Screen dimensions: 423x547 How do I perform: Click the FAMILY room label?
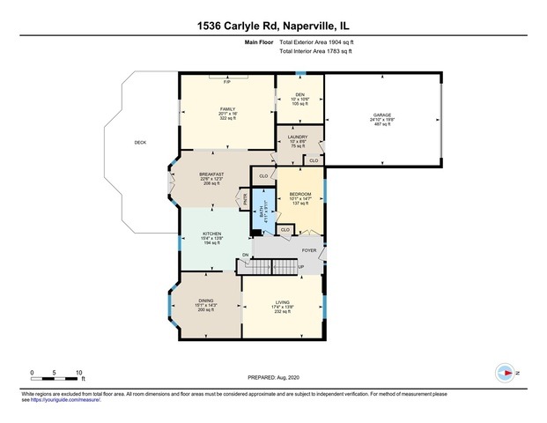pos(227,108)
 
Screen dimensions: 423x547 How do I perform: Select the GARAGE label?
pos(381,115)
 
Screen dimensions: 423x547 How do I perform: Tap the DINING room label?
pos(205,301)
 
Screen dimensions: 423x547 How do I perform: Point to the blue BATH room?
pos(262,211)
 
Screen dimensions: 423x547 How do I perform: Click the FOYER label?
pos(309,250)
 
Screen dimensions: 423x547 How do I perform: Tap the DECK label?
pos(139,142)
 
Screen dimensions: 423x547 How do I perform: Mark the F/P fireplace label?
pos(226,81)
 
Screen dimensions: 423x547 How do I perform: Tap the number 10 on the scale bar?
pos(80,373)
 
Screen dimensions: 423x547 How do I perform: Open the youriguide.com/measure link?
pos(65,400)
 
